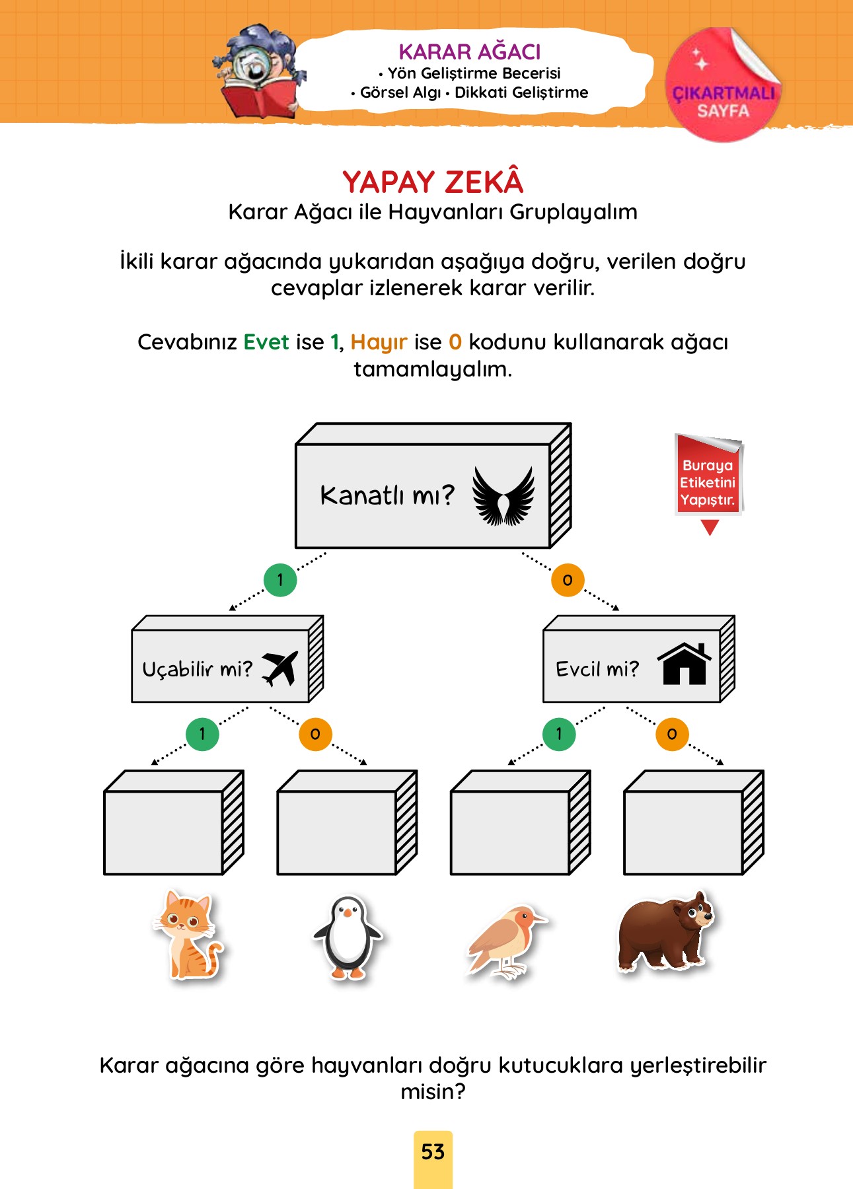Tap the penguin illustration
(x=347, y=937)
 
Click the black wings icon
(x=503, y=496)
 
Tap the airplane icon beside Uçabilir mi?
(x=280, y=668)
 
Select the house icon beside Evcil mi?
(x=684, y=663)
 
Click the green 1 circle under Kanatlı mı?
(x=280, y=580)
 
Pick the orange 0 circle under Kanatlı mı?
(x=568, y=580)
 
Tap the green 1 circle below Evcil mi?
(x=559, y=734)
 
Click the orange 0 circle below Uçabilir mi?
(x=315, y=734)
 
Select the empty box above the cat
(x=174, y=822)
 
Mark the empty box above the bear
(x=694, y=822)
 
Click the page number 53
(x=433, y=1152)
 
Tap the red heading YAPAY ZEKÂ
(x=433, y=181)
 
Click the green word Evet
(x=266, y=342)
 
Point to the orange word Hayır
(x=379, y=343)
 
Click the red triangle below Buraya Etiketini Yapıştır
(x=710, y=527)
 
